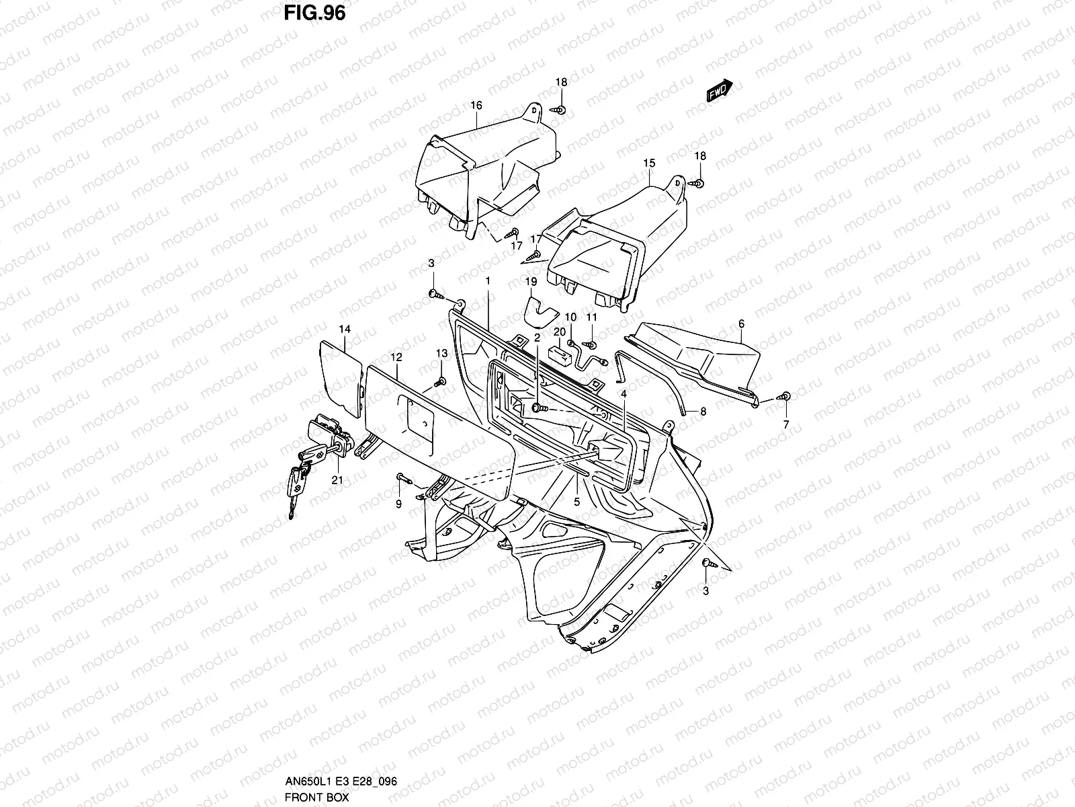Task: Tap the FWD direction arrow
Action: pos(720,90)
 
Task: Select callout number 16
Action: pos(476,106)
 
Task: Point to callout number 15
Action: pos(648,163)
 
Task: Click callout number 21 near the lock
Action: pos(337,479)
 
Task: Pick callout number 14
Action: pos(345,329)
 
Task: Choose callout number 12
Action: pos(396,356)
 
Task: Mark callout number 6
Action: pos(741,323)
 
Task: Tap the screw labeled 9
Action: pos(402,477)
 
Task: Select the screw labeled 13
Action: pos(440,381)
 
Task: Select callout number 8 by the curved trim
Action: pos(703,410)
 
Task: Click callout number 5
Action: pos(576,501)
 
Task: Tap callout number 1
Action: pos(488,280)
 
